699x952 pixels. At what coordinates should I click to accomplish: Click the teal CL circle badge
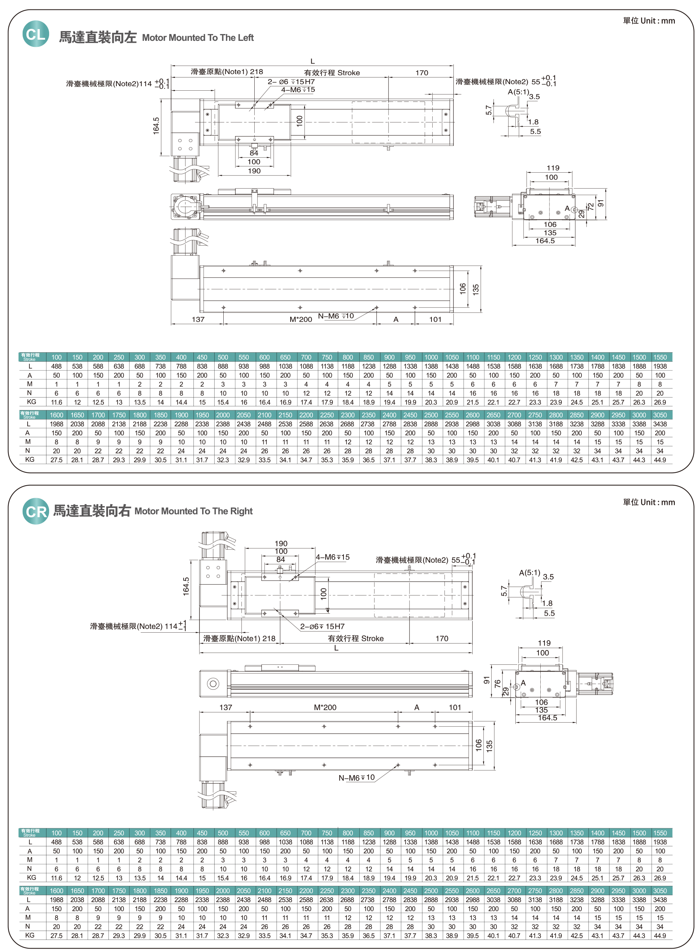pos(36,34)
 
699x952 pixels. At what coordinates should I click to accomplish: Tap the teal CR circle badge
pos(36,511)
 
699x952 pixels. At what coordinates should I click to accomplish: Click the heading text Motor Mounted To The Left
pos(198,38)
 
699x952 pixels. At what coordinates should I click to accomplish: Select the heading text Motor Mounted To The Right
pos(193,511)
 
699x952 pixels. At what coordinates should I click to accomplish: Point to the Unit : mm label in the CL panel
pos(649,21)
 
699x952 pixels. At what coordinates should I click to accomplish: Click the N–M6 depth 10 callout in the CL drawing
pos(336,316)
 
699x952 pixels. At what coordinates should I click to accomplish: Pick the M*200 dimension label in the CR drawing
pos(325,707)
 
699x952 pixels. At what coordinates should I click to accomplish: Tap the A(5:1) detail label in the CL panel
pos(518,92)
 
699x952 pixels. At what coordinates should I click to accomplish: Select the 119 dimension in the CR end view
pos(544,643)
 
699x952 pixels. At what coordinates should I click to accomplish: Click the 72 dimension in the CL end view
pos(591,206)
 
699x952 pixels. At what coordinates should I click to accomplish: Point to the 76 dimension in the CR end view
pos(498,683)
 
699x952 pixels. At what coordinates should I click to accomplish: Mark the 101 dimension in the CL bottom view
pos(435,319)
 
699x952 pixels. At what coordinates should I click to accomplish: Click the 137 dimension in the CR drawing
pos(226,707)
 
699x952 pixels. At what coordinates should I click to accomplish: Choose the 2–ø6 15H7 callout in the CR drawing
pos(322,626)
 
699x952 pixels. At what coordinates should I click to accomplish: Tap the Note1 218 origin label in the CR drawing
pos(239,638)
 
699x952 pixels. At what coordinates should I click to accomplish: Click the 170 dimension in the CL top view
pos(421,73)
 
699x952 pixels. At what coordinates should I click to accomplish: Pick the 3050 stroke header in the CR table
pos(660,891)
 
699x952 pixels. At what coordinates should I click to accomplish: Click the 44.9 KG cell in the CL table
pos(660,460)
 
